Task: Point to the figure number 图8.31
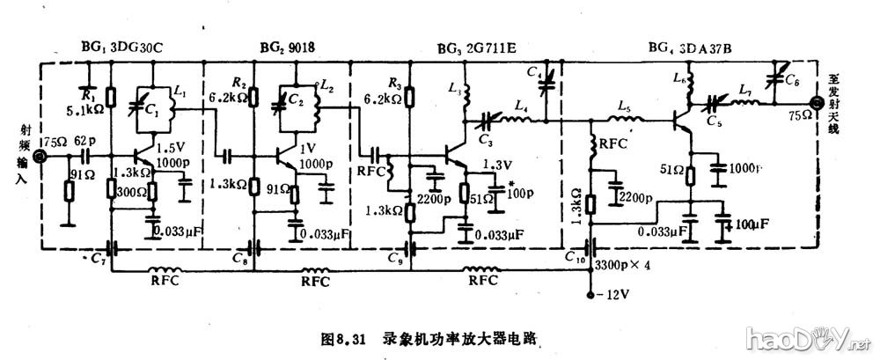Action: point(344,338)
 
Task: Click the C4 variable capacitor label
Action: point(534,71)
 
